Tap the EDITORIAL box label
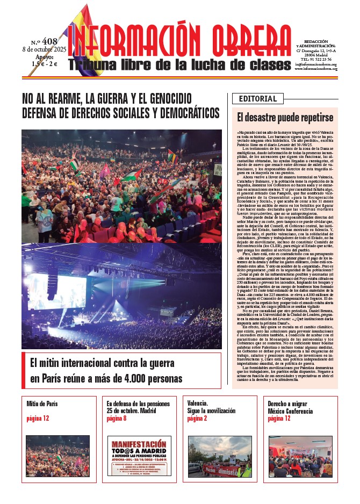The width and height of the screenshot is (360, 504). (257, 99)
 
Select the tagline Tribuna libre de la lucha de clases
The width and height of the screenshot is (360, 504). (180, 64)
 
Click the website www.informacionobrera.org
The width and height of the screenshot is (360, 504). (315, 68)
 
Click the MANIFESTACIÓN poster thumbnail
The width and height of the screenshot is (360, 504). (139, 456)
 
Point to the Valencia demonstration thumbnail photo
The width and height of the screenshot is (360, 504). (220, 456)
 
